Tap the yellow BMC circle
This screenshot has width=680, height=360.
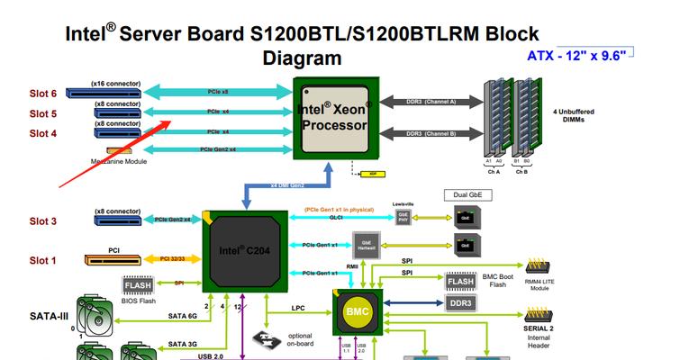coord(358,311)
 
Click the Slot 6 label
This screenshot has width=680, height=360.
coord(43,94)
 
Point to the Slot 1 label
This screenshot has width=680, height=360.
coord(43,261)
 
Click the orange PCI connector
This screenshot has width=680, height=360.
coord(115,261)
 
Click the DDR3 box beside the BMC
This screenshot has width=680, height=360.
coord(459,303)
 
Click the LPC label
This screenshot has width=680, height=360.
coord(299,308)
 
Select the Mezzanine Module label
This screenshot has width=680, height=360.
coord(119,162)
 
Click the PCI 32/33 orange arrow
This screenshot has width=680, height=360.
coord(172,260)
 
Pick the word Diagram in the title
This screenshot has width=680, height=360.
coord(302,58)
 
